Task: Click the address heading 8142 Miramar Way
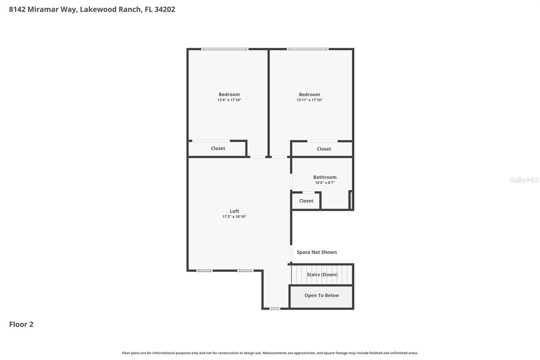pyautogui.click(x=92, y=9)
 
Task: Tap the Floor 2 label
pyautogui.click(x=21, y=324)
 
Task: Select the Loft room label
pyautogui.click(x=234, y=211)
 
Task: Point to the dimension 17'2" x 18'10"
pyautogui.click(x=234, y=217)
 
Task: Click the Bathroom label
pyautogui.click(x=324, y=177)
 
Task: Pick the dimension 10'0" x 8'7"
pyautogui.click(x=324, y=183)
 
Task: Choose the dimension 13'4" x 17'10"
pyautogui.click(x=229, y=100)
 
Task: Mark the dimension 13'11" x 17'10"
pyautogui.click(x=309, y=100)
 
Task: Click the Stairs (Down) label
pyautogui.click(x=322, y=274)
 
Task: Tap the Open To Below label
pyautogui.click(x=321, y=295)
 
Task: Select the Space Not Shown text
pyautogui.click(x=316, y=252)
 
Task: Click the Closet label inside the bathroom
pyautogui.click(x=306, y=201)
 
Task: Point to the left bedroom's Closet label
pyautogui.click(x=218, y=149)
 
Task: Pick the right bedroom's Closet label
pyautogui.click(x=324, y=149)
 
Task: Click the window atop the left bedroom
pyautogui.click(x=224, y=49)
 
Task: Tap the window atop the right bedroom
pyautogui.click(x=308, y=49)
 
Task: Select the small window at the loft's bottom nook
pyautogui.click(x=275, y=309)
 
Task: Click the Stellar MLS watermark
pyautogui.click(x=524, y=180)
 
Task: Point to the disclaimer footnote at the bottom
pyautogui.click(x=270, y=353)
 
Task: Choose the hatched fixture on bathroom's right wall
pyautogui.click(x=350, y=200)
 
